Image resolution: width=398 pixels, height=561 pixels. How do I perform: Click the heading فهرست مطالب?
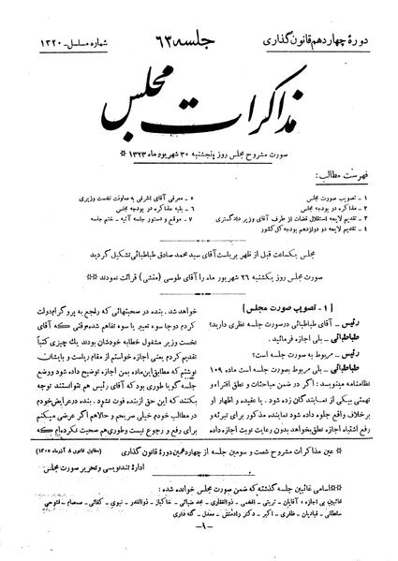360,148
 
